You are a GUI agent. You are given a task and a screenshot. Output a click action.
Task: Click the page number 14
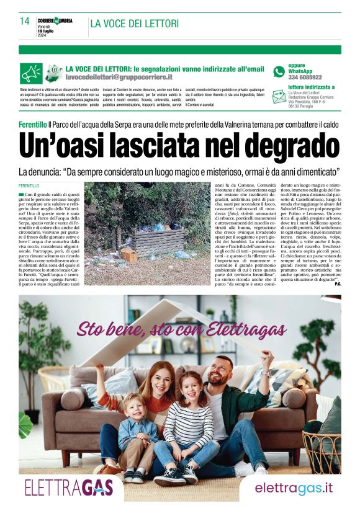[24, 21]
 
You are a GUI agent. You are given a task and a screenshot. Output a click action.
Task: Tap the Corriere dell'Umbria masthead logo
[55, 20]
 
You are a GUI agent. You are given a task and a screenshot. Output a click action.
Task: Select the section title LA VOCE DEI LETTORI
[135, 24]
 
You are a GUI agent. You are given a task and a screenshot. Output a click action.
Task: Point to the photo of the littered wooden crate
[148, 221]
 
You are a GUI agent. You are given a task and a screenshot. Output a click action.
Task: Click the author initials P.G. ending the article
[338, 284]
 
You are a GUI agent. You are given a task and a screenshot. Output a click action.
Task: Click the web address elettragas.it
[294, 488]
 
